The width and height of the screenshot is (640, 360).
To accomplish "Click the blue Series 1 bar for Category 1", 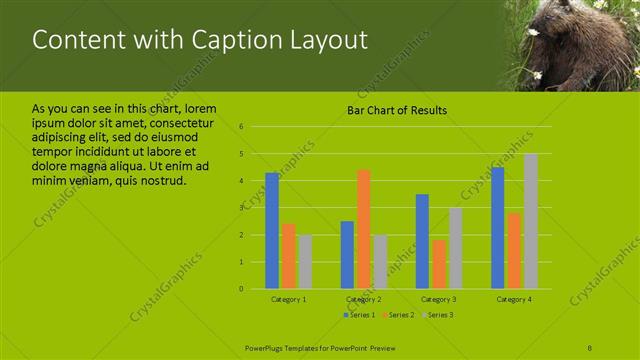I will click(x=272, y=231).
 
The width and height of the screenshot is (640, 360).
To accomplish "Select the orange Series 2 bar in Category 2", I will click(x=363, y=229).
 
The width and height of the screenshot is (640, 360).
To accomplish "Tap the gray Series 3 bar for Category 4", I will click(x=531, y=221).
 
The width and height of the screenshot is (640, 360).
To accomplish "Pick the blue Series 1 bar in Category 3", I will click(x=422, y=241).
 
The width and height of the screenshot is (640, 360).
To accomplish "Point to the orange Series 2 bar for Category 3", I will click(x=439, y=264).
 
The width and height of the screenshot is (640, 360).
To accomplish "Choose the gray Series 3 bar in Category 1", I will click(x=305, y=262).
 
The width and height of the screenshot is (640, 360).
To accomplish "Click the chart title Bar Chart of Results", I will click(x=397, y=110).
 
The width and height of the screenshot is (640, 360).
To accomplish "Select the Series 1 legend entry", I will click(x=360, y=315).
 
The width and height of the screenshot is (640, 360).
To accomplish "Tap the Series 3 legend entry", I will click(x=436, y=315).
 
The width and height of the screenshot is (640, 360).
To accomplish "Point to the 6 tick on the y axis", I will click(x=242, y=127).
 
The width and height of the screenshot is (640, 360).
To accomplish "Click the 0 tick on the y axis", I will click(x=242, y=289).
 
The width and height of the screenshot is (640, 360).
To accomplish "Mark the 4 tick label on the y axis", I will click(x=242, y=181).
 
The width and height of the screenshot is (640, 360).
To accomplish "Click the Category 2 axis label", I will click(x=364, y=300).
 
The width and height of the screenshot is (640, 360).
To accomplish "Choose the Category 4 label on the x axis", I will click(x=514, y=300).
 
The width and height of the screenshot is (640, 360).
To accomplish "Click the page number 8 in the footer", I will click(x=590, y=346).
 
